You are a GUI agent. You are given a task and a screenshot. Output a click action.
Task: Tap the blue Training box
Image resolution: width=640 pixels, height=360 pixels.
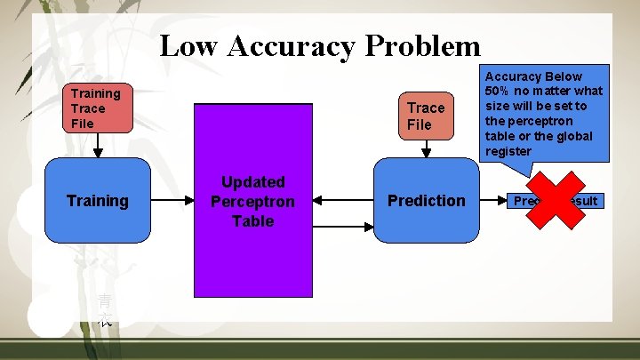point(98,201)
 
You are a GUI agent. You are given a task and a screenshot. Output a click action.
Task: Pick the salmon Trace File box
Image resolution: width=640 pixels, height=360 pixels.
point(426,116)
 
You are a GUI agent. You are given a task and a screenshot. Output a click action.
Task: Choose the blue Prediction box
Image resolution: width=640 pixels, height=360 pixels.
point(426,201)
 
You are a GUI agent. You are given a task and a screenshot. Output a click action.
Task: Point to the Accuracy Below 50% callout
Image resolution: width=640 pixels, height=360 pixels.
point(543,113)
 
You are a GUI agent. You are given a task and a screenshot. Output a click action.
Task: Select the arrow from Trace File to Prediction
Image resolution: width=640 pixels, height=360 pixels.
point(426,149)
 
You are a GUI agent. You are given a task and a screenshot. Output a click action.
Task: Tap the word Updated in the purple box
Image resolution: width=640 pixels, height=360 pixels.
point(253,182)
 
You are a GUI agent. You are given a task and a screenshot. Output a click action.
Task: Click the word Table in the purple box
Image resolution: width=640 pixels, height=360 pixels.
point(253,220)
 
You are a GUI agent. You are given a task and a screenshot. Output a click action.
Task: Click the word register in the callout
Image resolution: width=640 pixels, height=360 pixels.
point(508,151)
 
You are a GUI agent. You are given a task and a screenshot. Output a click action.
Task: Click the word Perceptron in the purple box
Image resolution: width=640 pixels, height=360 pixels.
point(253,201)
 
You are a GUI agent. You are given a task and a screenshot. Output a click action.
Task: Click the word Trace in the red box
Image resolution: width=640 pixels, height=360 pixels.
point(88,108)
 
